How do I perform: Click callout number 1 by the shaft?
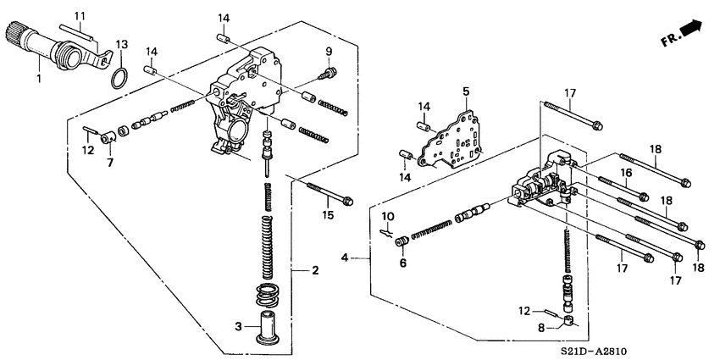click(x=37, y=80)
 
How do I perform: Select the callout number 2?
click(x=315, y=270)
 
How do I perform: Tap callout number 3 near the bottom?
click(x=240, y=325)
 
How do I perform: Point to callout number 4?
click(x=346, y=258)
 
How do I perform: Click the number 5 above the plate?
click(x=465, y=91)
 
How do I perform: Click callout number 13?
click(x=122, y=44)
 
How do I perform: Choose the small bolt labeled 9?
click(x=330, y=72)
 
